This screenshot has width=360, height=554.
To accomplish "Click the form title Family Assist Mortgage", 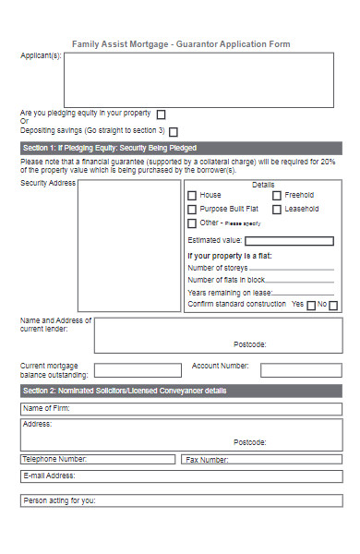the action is [x=181, y=44].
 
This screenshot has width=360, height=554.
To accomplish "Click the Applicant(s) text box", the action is [x=198, y=80].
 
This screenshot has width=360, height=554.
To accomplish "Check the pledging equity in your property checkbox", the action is [x=162, y=115].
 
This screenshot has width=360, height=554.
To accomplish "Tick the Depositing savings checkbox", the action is [x=173, y=132].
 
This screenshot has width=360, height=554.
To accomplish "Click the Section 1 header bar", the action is [x=181, y=148].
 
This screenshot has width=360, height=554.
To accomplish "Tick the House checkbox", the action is [x=192, y=196].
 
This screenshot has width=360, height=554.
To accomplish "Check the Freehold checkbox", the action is [x=277, y=196].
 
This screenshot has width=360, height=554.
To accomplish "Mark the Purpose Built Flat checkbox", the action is [x=192, y=210].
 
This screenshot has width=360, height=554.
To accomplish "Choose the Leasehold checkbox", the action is [x=277, y=210].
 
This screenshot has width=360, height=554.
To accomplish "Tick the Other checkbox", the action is [x=192, y=223].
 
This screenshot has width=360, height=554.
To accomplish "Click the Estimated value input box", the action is [x=302, y=241].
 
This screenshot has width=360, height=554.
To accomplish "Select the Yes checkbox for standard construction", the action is [x=311, y=306].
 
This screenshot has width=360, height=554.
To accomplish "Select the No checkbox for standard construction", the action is [x=333, y=306].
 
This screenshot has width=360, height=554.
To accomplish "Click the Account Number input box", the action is [x=300, y=370].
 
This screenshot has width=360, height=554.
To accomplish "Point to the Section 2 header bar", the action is [x=181, y=391].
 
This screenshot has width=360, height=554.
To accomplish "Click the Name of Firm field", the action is [x=181, y=409].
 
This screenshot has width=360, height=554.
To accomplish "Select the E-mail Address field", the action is [x=181, y=476].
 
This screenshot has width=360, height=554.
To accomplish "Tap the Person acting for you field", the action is [x=181, y=501].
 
